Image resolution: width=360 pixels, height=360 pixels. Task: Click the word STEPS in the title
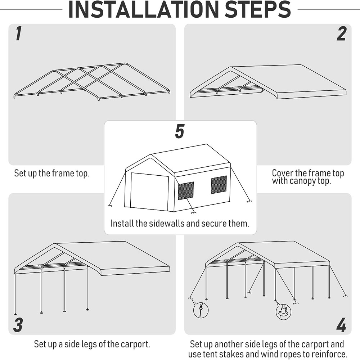tap(257, 10)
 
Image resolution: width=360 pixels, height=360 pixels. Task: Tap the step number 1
tap(18, 34)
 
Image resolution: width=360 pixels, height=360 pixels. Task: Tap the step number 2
tap(341, 34)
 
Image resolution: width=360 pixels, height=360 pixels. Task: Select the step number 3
tap(18, 325)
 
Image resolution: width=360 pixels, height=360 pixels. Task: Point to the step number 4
tap(341, 325)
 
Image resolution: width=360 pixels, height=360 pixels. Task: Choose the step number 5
tap(180, 131)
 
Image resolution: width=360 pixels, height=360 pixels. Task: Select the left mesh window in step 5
tap(186, 191)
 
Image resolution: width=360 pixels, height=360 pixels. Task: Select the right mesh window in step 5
tap(219, 185)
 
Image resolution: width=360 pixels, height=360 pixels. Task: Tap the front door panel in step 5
tap(149, 191)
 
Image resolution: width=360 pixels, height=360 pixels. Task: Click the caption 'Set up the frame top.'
tap(52, 173)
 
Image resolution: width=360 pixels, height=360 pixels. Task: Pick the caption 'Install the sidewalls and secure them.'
tap(180, 223)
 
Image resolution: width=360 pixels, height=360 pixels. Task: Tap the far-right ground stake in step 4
tap(345, 296)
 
